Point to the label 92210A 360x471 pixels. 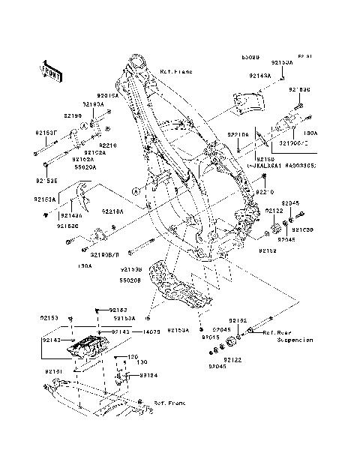pyautogui.click(x=112, y=212)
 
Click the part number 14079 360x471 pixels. pyautogui.click(x=151, y=331)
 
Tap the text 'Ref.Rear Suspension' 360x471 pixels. pyautogui.click(x=289, y=335)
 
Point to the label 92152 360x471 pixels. pyautogui.click(x=267, y=250)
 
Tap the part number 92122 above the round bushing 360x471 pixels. pyautogui.click(x=274, y=211)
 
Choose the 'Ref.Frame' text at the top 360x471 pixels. pyautogui.click(x=176, y=71)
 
